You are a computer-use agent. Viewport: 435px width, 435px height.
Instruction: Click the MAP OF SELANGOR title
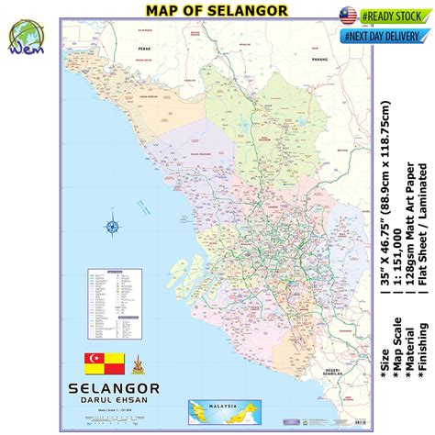click(x=217, y=10)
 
